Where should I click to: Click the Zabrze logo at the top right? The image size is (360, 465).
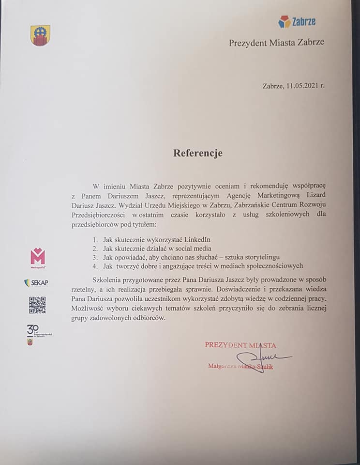coord(297,21)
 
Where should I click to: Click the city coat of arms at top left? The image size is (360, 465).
coord(40,36)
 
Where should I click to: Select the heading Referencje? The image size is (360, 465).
coord(198,153)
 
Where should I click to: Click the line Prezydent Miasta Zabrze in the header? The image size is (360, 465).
coord(276,43)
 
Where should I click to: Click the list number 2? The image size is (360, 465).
coord(95,248)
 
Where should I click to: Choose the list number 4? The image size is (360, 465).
coord(95,265)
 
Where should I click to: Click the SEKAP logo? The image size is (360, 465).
coord(36,283)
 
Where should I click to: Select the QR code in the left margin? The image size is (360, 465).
coord(37,305)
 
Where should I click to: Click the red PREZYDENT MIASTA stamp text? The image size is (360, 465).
coord(240,345)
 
